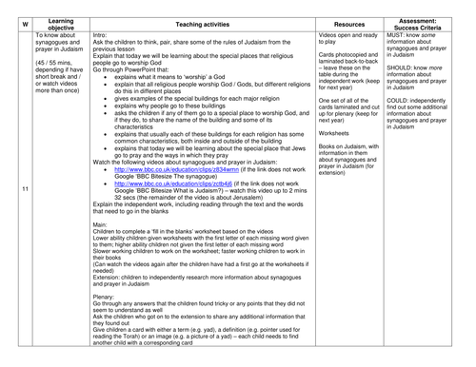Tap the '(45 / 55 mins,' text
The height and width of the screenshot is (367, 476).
(59, 68)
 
